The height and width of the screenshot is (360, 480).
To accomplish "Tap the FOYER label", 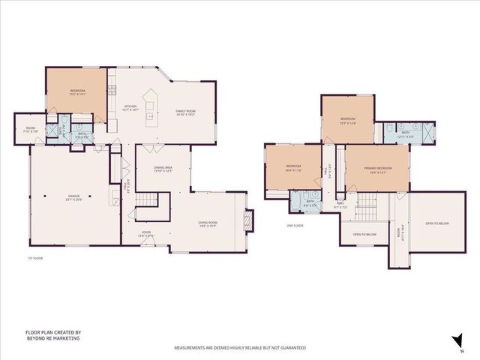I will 148,233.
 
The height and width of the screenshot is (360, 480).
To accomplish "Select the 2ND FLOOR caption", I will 295,225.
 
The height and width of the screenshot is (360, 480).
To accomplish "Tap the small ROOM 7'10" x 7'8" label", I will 31,129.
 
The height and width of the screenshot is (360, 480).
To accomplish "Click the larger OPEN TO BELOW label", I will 437,223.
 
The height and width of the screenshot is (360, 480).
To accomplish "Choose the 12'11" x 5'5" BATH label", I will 405,135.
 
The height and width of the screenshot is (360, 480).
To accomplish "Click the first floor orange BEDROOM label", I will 78,92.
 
